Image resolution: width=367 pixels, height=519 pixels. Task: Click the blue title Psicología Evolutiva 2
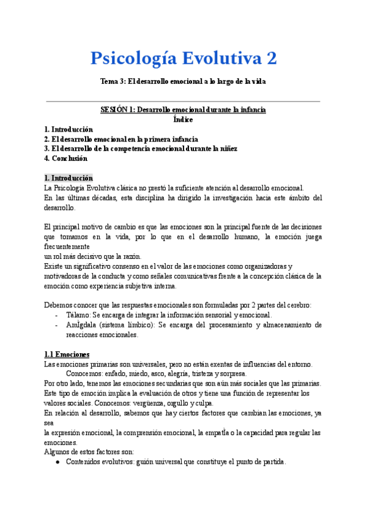coord(183,59)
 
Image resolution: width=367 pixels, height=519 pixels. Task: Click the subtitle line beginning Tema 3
coord(183,81)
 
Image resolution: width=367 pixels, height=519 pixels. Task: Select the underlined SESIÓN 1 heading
coord(183,110)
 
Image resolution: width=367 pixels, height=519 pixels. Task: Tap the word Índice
coord(183,119)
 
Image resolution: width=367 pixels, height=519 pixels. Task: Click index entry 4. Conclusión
coord(66,159)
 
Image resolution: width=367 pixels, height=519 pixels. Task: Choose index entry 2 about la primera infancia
coord(121,139)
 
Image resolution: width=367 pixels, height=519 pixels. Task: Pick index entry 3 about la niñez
coord(141,149)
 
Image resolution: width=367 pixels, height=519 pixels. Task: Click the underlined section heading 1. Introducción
coord(69,177)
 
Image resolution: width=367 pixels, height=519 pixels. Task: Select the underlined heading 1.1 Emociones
coord(67,354)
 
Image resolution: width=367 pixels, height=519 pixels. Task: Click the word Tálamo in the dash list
coord(78,315)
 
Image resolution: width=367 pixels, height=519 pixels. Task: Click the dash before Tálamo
coord(57,315)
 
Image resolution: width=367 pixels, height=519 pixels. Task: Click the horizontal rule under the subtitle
coord(183,101)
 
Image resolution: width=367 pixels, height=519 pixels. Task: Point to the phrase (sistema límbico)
coord(127,325)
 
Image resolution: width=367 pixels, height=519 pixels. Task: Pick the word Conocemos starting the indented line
coord(84,373)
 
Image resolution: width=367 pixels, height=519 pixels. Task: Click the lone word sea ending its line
coord(50,423)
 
